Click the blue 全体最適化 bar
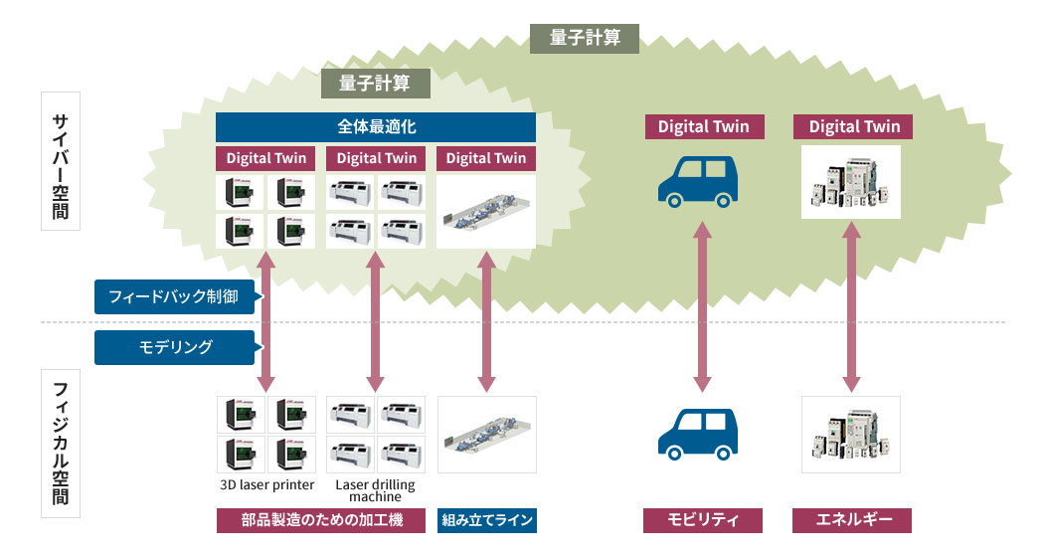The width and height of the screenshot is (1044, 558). pyautogui.click(x=375, y=127)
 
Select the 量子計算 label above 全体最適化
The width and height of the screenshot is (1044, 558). pyautogui.click(x=375, y=84)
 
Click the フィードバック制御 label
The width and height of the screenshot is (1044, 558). pyautogui.click(x=173, y=296)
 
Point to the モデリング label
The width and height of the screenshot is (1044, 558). pyautogui.click(x=173, y=347)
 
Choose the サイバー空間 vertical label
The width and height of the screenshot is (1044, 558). pyautogui.click(x=60, y=160)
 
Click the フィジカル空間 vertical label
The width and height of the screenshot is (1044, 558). pyautogui.click(x=60, y=444)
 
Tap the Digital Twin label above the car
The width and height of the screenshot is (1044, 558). pyautogui.click(x=703, y=127)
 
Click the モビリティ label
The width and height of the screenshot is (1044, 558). pyautogui.click(x=703, y=520)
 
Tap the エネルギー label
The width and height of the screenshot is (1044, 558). pyautogui.click(x=852, y=520)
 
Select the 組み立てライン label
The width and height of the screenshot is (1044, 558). pyautogui.click(x=486, y=520)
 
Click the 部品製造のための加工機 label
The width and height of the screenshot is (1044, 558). pyautogui.click(x=323, y=520)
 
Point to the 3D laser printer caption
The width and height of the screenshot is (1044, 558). pyautogui.click(x=266, y=485)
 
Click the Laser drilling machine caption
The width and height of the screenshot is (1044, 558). pyautogui.click(x=375, y=490)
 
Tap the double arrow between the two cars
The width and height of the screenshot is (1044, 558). pyautogui.click(x=702, y=307)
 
